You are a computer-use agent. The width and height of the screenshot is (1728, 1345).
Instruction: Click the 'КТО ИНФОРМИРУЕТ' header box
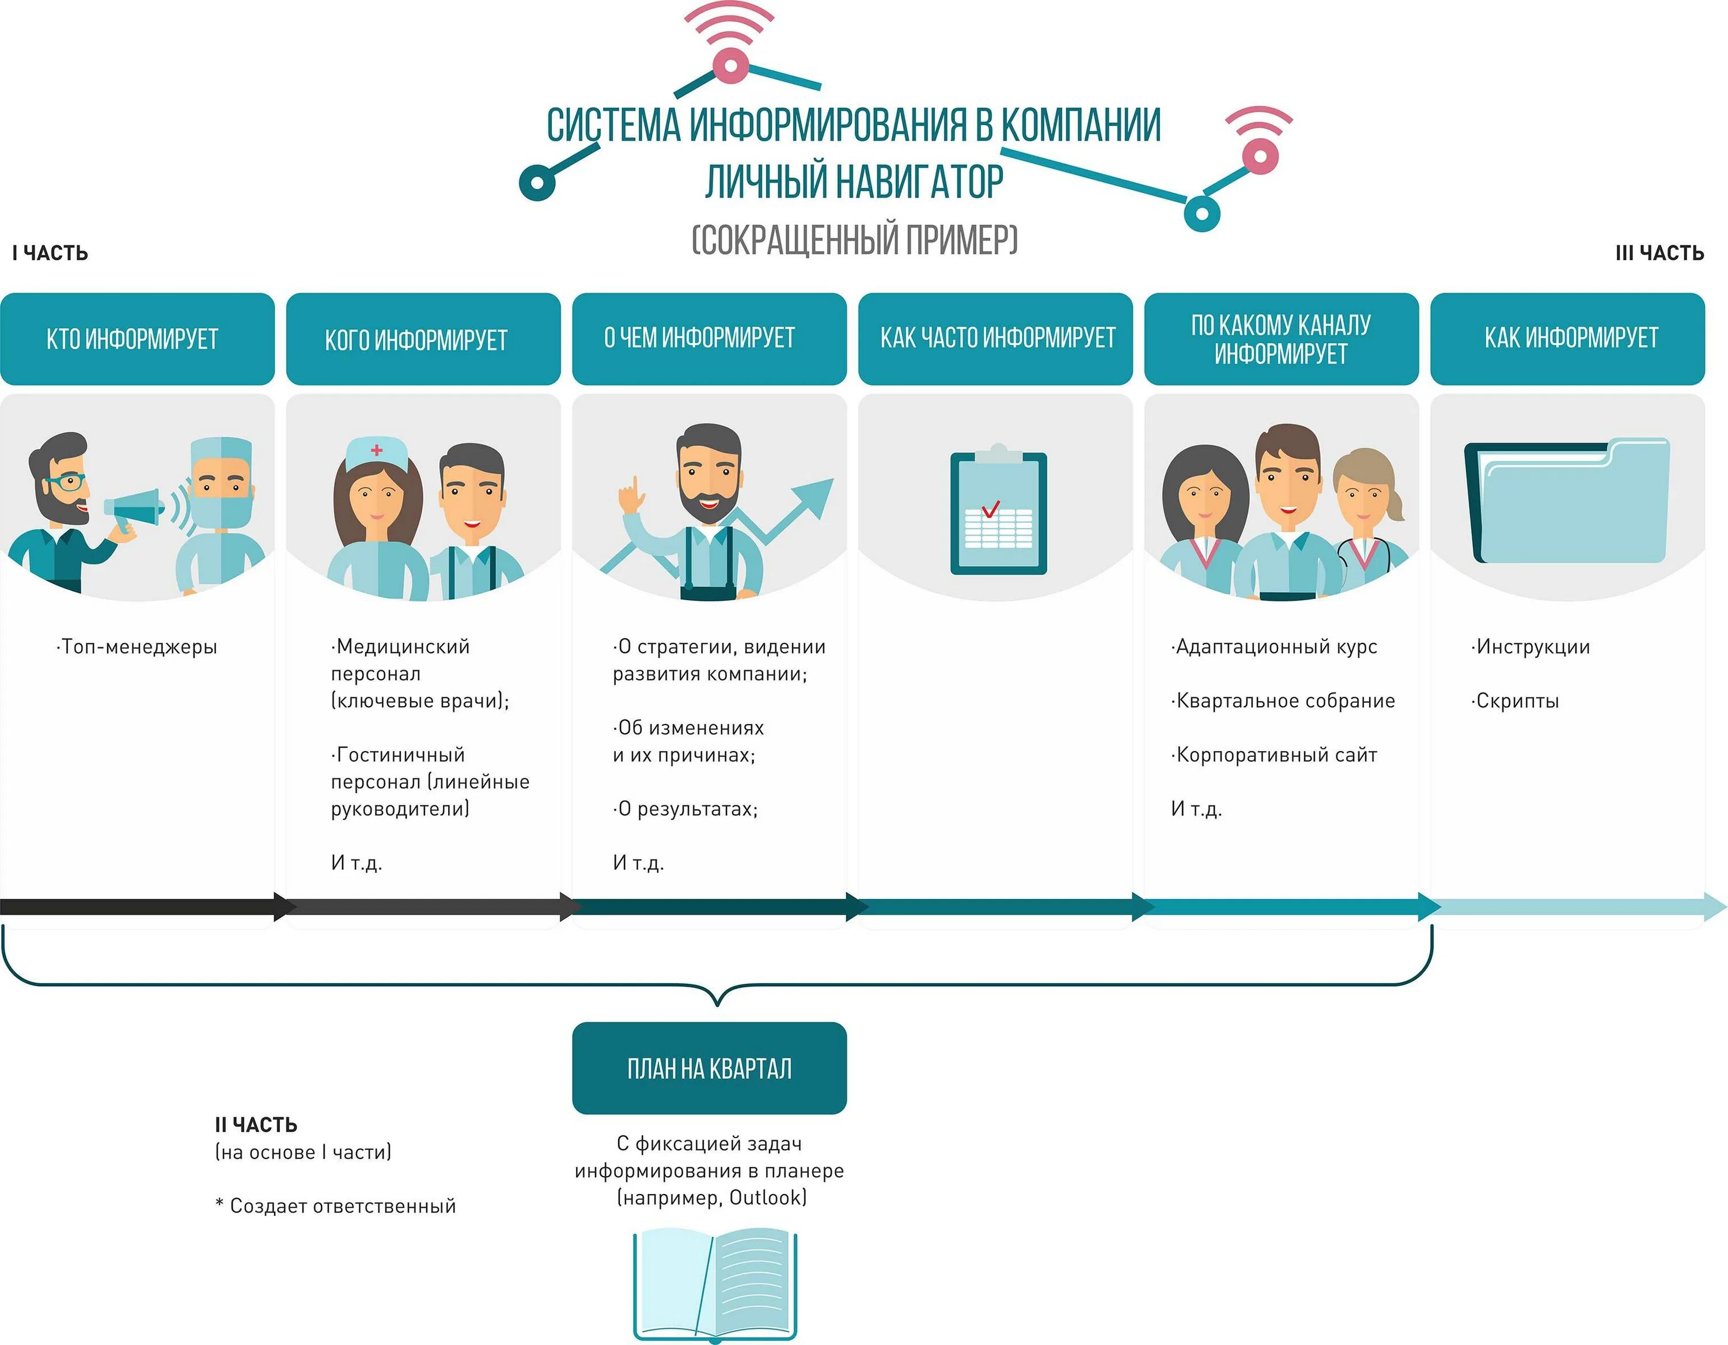tap(137, 339)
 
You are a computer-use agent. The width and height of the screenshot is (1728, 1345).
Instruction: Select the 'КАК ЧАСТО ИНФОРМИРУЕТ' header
tap(995, 339)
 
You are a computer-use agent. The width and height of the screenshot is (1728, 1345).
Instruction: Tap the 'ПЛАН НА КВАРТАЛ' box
tap(709, 1068)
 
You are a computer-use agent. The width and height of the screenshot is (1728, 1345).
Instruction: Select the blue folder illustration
tap(1567, 502)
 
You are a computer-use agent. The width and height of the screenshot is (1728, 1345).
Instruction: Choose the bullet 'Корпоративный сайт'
tap(1275, 755)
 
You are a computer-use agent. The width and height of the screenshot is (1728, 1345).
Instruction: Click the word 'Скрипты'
tap(1517, 701)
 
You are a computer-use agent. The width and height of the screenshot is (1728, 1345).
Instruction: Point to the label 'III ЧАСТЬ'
tap(1659, 253)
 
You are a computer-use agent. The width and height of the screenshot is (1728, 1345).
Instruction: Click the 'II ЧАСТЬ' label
tap(256, 1124)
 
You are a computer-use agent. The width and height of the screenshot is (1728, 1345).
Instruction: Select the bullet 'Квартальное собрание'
tap(1284, 701)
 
